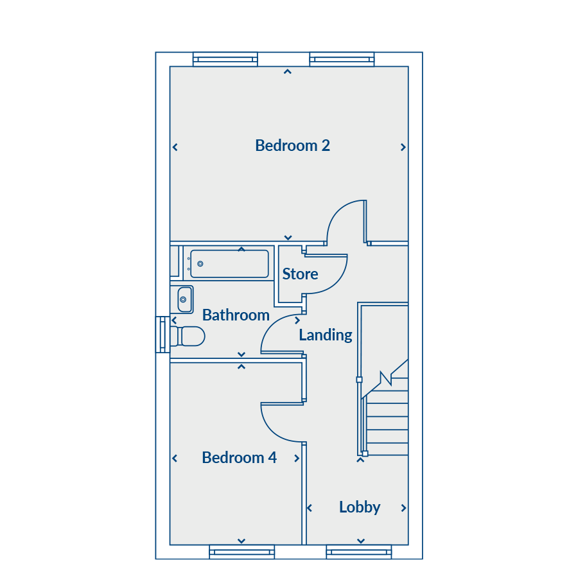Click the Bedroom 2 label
pyautogui.click(x=292, y=146)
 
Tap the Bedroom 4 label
pyautogui.click(x=240, y=458)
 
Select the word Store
pyautogui.click(x=300, y=274)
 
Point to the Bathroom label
pyautogui.click(x=236, y=315)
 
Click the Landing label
pyautogui.click(x=326, y=335)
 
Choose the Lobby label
pyautogui.click(x=360, y=507)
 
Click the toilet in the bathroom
pyautogui.click(x=188, y=336)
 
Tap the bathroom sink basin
pyautogui.click(x=184, y=300)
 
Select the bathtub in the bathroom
pyautogui.click(x=229, y=264)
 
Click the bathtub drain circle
pyautogui.click(x=200, y=263)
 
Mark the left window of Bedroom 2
pyautogui.click(x=225, y=59)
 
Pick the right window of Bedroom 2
pyautogui.click(x=342, y=59)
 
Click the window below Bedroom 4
pyautogui.click(x=242, y=552)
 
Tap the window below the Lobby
pyautogui.click(x=359, y=552)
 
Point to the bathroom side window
pyautogui.click(x=162, y=335)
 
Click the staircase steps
pyautogui.click(x=386, y=417)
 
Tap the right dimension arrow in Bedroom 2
pyautogui.click(x=403, y=148)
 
